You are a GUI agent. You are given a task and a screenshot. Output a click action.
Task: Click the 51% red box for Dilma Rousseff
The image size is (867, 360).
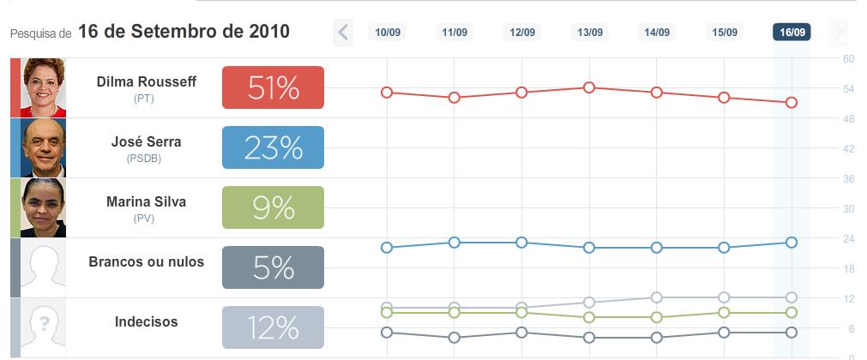[x=273, y=87]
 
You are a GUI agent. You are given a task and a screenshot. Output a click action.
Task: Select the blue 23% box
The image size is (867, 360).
[x=273, y=147]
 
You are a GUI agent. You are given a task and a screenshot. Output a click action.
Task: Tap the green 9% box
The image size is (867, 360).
[x=273, y=207]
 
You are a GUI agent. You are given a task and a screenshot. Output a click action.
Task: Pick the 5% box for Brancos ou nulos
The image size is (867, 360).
[x=273, y=267]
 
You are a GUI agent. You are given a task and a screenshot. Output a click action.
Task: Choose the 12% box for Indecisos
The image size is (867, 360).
[x=273, y=327]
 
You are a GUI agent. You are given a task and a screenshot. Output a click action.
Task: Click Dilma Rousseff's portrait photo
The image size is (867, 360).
[x=43, y=87]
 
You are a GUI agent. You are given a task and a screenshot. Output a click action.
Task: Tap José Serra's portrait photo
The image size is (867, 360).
[x=43, y=147]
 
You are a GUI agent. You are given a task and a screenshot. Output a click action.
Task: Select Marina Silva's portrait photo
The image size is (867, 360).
[x=43, y=207]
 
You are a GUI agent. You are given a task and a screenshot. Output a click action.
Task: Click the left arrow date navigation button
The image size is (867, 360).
[x=343, y=33]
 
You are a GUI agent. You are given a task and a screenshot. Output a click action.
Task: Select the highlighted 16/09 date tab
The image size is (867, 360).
[x=792, y=33]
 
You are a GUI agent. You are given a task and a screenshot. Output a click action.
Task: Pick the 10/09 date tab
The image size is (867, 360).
[x=387, y=33]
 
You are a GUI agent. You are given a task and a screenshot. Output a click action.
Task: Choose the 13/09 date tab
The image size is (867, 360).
[x=589, y=33]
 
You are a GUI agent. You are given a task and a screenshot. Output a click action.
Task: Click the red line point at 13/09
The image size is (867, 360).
[x=589, y=87]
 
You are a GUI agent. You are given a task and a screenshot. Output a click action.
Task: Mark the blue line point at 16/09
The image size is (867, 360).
[x=792, y=243]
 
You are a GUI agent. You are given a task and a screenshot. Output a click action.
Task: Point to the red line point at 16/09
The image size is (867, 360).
[x=792, y=102]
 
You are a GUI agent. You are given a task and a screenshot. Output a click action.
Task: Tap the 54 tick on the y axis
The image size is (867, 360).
[x=848, y=88]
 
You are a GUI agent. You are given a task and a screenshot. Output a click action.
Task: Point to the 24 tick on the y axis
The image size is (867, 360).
[x=848, y=238]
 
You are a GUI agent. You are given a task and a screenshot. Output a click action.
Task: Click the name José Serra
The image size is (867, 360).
[x=146, y=142]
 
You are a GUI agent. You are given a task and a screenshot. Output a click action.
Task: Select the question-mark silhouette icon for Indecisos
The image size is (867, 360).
[x=43, y=327]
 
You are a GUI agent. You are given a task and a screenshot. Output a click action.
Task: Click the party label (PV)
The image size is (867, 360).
[x=142, y=219]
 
